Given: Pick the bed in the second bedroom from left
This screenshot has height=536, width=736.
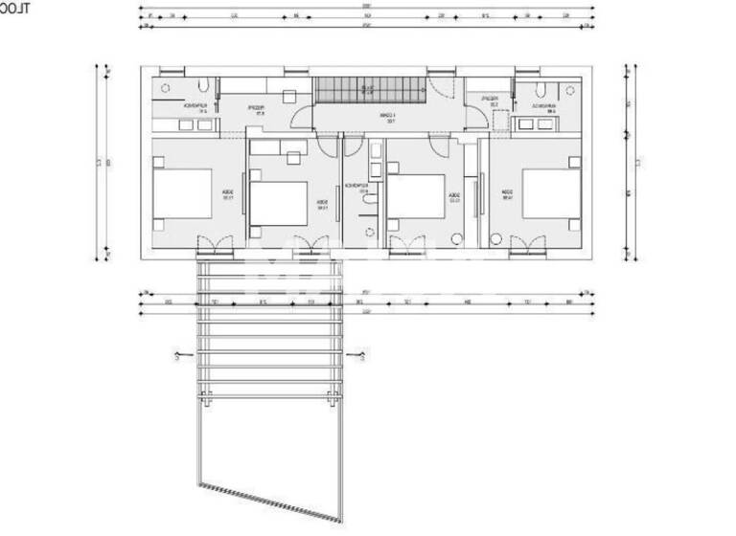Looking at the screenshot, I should [x=280, y=202].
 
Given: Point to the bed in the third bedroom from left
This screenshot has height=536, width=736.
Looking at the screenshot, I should [x=418, y=198].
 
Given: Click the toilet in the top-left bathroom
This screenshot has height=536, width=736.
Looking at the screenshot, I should [x=209, y=85].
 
